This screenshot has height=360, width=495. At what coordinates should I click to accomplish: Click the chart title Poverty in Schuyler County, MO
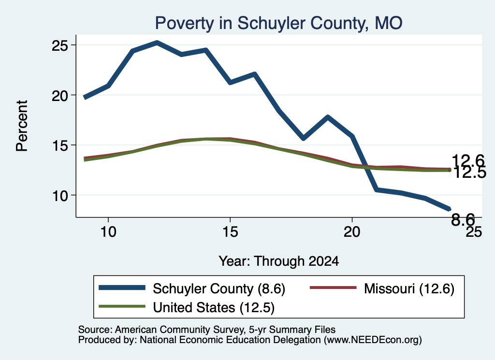278,23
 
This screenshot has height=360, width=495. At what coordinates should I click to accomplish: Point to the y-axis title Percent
22,126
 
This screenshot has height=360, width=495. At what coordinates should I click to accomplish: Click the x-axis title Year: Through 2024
279,261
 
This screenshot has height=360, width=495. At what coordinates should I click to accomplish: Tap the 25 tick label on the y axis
60,46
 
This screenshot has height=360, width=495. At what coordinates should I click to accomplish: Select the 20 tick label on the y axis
60,96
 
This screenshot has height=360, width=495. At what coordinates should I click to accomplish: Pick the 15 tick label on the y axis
60,145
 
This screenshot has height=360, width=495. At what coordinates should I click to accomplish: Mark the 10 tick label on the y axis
60,196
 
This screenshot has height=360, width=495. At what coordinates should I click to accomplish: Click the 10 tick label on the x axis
108,232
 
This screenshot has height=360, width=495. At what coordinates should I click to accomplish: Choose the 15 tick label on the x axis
230,232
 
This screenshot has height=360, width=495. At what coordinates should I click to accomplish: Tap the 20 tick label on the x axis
352,232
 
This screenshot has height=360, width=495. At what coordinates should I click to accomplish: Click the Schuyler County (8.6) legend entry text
219,288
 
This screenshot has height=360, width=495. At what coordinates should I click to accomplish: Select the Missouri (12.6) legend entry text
409,288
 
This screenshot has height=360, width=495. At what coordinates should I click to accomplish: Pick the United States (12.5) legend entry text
214,308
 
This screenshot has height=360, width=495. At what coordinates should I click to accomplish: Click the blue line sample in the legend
122,288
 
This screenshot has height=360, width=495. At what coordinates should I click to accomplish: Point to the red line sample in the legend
333,288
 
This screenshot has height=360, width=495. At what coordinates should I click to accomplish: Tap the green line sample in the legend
122,306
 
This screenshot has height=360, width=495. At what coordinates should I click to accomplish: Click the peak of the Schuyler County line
157,42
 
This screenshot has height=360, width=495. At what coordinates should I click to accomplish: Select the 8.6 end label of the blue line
463,219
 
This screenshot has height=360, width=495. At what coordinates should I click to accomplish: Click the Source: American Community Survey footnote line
207,330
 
